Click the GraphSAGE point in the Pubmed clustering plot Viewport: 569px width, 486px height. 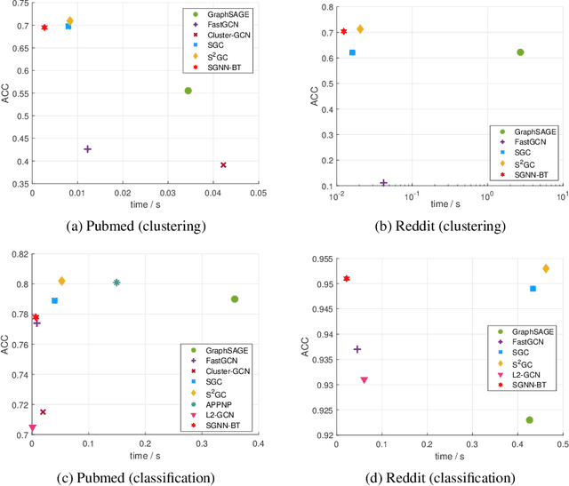tap(188, 91)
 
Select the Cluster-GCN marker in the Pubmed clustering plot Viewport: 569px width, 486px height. tap(223, 165)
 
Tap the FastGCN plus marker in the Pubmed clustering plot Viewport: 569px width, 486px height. tap(87, 149)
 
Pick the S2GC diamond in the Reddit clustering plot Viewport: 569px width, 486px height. tap(360, 29)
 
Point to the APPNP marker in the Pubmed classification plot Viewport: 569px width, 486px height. tap(116, 283)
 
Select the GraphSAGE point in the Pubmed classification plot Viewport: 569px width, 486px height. tap(235, 299)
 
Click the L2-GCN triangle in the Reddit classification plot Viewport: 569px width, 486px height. tap(364, 380)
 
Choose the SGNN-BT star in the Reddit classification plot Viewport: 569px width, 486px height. tap(347, 279)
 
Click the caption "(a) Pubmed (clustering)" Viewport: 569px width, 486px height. tap(136, 226)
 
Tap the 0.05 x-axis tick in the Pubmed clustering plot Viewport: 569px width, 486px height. tap(258, 192)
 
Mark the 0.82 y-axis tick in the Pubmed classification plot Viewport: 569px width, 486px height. tap(19, 254)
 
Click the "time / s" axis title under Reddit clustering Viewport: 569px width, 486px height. tap(441, 207)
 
